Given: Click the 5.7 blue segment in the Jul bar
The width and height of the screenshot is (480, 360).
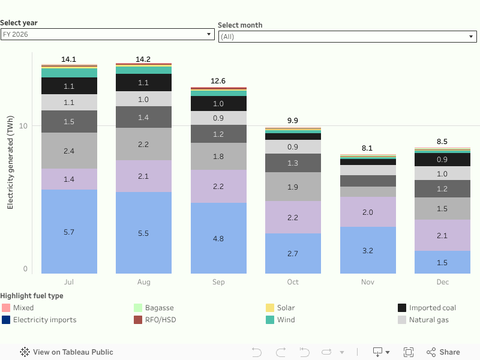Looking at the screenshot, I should (x=69, y=232).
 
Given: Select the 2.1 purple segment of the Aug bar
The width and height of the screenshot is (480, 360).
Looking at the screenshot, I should (x=143, y=176).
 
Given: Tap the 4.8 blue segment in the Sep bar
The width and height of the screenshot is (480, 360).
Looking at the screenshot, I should (x=218, y=238).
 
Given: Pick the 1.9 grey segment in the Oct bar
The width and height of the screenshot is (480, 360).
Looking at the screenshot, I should (x=293, y=187).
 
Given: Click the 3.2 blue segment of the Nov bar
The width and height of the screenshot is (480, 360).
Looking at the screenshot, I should (x=367, y=250).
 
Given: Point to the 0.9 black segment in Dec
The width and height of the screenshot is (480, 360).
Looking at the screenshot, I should (x=442, y=160).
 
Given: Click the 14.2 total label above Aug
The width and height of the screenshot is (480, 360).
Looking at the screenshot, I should (x=143, y=59).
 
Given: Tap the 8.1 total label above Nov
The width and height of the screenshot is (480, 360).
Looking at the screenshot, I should (x=367, y=148).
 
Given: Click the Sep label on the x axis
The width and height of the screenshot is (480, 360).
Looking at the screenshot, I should (x=218, y=282).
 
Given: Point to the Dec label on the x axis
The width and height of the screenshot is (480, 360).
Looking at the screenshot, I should (x=442, y=282).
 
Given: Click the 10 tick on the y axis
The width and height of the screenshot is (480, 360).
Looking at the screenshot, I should (x=24, y=126).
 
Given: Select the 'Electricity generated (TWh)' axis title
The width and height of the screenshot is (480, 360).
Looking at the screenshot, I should (x=10, y=163).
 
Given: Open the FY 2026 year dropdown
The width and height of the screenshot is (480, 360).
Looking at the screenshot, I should (x=107, y=34).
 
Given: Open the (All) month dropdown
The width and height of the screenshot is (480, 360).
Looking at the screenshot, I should (x=347, y=37).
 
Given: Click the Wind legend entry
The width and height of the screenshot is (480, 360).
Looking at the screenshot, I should (x=286, y=320).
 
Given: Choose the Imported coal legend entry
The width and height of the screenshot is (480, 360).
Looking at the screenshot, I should (x=432, y=308).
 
